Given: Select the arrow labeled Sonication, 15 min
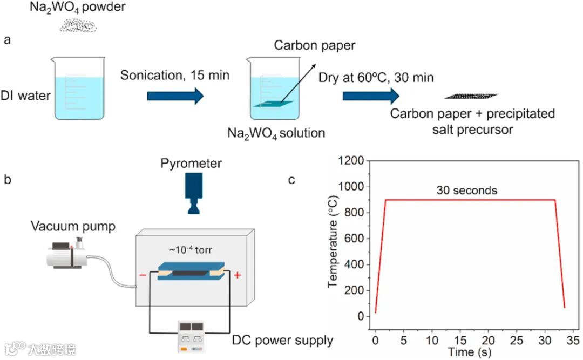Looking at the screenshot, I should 175,96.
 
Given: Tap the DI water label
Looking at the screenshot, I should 26,96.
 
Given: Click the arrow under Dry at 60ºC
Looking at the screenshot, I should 370,96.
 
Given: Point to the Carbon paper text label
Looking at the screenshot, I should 315,45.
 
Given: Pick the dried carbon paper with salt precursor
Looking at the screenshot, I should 471,96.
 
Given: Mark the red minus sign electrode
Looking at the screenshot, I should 143,275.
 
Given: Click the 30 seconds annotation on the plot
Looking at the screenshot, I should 467,191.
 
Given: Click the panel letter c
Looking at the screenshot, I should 291,180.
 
